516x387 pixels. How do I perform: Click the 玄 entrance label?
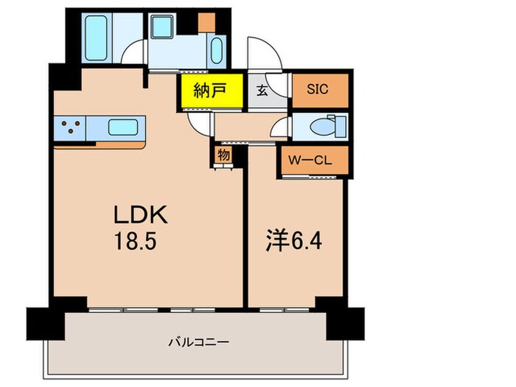pyautogui.click(x=262, y=91)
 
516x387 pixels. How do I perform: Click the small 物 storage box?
pyautogui.click(x=222, y=156)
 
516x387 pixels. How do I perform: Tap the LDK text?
pyautogui.click(x=142, y=216)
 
